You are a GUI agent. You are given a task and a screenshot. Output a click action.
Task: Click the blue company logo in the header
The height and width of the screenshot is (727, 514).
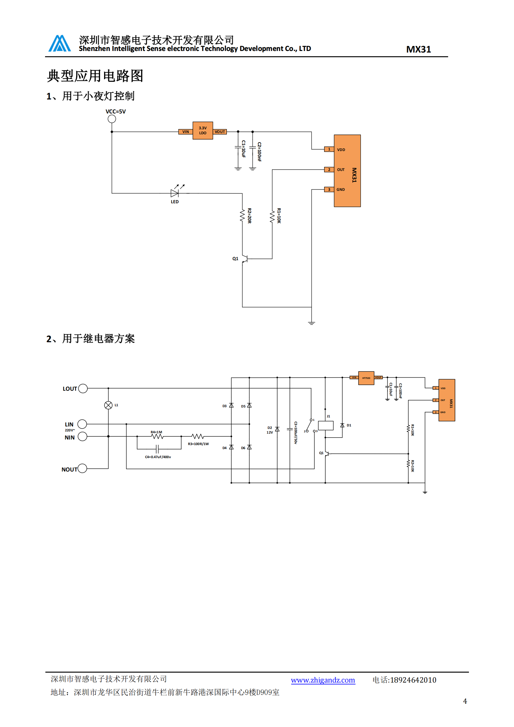pos(59,44)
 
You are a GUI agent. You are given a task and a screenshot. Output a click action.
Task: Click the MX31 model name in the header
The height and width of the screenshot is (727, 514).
pos(418,49)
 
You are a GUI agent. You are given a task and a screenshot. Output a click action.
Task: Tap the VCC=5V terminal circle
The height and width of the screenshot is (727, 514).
pos(112,119)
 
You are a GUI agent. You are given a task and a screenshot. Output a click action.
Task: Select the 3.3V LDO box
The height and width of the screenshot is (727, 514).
pos(203,131)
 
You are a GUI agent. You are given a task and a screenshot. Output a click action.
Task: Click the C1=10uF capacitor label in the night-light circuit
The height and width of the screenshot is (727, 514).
pos(243,149)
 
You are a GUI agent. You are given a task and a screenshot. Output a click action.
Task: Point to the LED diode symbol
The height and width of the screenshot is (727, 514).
pos(174,193)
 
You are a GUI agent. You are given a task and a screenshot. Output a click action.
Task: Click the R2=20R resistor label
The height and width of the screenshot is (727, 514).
pos(250,216)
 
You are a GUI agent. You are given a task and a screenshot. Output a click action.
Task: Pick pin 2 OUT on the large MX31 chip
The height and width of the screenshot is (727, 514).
pos(329,170)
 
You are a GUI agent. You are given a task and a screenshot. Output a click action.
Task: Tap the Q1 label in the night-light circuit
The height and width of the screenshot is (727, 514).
pos(235,259)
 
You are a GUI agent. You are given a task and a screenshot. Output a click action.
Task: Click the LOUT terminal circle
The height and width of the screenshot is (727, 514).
pos(83,389)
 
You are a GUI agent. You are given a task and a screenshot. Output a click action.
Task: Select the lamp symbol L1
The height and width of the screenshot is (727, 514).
pos(108,405)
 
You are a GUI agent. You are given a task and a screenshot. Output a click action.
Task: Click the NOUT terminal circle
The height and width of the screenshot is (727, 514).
pos(82,468)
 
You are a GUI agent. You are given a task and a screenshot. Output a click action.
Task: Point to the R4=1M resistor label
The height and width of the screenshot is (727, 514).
pos(156,432)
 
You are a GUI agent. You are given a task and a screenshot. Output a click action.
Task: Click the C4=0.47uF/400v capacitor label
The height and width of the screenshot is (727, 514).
pos(158,457)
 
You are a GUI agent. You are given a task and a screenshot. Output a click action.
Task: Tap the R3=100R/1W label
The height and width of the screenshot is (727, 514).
pos(198,444)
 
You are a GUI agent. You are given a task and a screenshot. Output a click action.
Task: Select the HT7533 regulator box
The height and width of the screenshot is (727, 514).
pos(366,378)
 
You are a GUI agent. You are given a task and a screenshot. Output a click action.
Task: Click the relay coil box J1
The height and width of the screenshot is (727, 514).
pos(326,426)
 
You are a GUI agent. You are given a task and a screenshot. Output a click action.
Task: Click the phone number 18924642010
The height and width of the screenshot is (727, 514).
pos(413,680)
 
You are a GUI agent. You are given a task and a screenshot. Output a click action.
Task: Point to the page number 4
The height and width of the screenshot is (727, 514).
pos(465,701)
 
